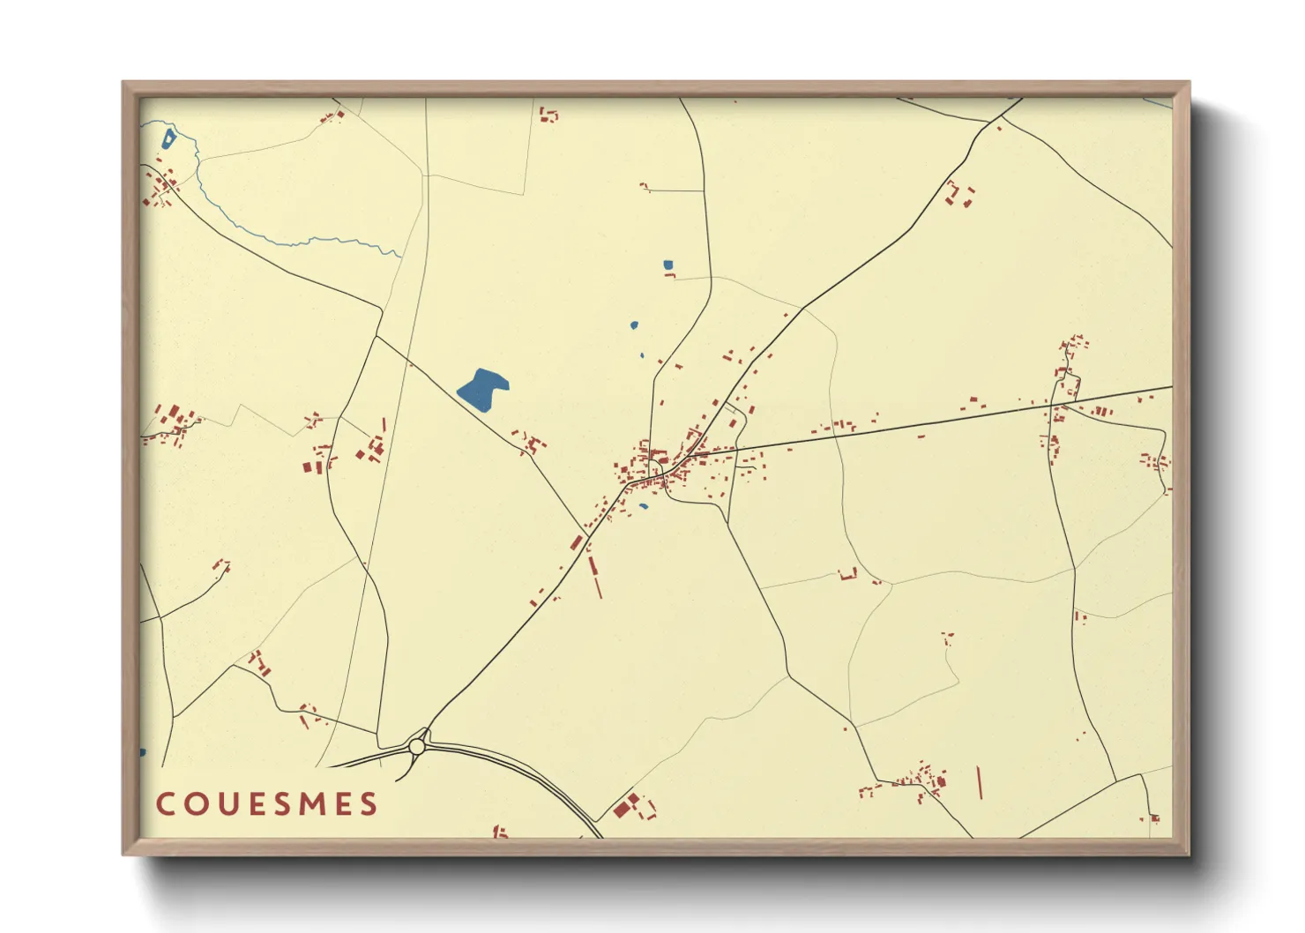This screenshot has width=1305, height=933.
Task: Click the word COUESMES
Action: (x=267, y=804)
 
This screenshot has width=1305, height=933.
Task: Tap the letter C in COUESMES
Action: (x=165, y=804)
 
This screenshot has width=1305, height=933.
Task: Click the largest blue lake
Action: (x=481, y=389)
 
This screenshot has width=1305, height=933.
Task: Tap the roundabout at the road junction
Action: (x=417, y=747)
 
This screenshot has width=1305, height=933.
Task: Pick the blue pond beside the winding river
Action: (x=168, y=138)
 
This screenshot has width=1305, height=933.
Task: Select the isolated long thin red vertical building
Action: (x=980, y=782)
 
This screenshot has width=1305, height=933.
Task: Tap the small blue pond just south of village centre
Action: (x=644, y=506)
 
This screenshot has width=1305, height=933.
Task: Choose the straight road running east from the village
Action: (x=926, y=422)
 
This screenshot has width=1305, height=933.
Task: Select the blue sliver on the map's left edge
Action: (x=142, y=752)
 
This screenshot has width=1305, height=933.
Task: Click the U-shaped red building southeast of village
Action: (x=847, y=575)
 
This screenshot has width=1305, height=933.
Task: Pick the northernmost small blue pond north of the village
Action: (x=667, y=265)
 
